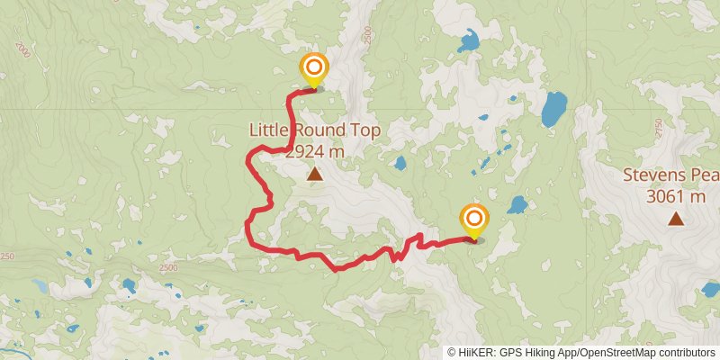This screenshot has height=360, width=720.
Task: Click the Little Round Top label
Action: (314, 131)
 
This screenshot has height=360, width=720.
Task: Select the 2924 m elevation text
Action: (314, 151)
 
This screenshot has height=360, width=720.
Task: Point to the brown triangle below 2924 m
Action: (314, 174)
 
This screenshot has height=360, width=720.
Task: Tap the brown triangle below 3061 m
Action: (675, 218)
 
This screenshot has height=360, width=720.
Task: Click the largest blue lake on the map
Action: (553, 108)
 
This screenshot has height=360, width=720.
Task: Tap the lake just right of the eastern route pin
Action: (517, 205)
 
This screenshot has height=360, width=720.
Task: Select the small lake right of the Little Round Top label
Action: (400, 164)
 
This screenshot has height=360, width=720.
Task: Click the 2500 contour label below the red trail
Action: (168, 267)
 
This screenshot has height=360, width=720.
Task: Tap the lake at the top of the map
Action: (468, 40)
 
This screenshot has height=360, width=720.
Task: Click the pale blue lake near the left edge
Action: (40, 285)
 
